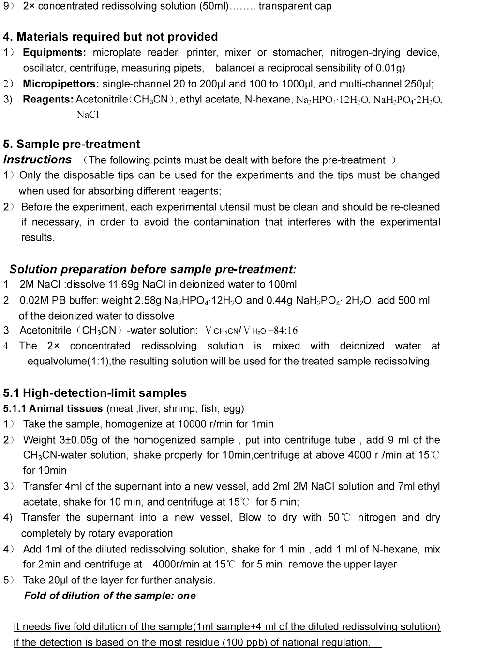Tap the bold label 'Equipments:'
click(x=55, y=52)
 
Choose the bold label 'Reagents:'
click(x=48, y=99)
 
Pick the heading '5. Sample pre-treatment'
click(x=71, y=144)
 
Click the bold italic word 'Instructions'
click(x=37, y=160)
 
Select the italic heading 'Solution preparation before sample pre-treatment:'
click(x=153, y=269)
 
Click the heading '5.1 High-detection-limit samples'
click(x=95, y=393)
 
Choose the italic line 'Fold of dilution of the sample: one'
click(x=110, y=596)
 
